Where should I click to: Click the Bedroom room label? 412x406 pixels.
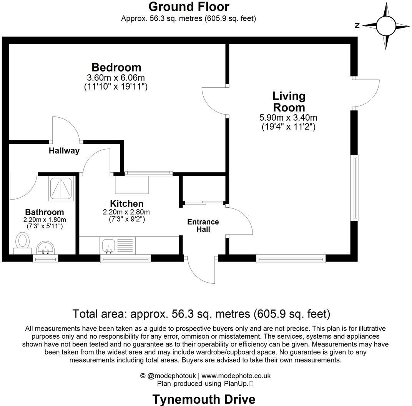[116, 67]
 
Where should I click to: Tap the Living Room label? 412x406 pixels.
[289, 101]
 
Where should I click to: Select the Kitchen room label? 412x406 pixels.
[126, 204]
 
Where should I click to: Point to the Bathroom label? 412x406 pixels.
[45, 212]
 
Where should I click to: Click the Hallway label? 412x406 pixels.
[64, 151]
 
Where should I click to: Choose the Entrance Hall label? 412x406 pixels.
[203, 226]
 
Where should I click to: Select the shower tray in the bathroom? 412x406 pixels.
[61, 188]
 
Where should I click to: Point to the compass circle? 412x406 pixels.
[386, 26]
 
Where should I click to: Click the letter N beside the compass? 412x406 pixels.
[357, 26]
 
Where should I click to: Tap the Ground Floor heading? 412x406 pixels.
[188, 7]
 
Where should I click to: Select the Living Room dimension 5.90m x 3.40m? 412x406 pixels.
[289, 118]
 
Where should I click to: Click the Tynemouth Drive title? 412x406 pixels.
[204, 399]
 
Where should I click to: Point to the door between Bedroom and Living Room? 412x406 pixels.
[214, 101]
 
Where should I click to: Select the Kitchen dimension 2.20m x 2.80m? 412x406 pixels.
[126, 212]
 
